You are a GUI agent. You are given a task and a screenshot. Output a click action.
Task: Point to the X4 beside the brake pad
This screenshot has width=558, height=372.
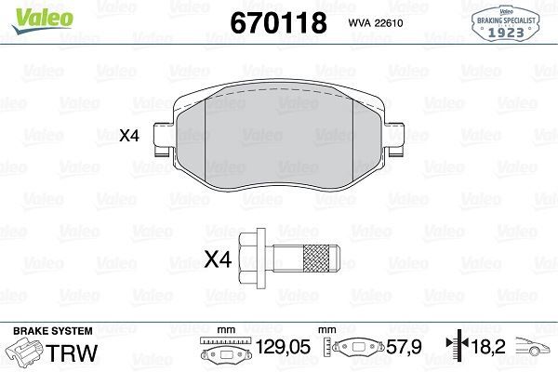pyautogui.click(x=128, y=136)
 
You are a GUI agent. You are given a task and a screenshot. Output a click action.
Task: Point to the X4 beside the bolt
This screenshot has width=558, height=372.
pyautogui.click(x=216, y=260)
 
